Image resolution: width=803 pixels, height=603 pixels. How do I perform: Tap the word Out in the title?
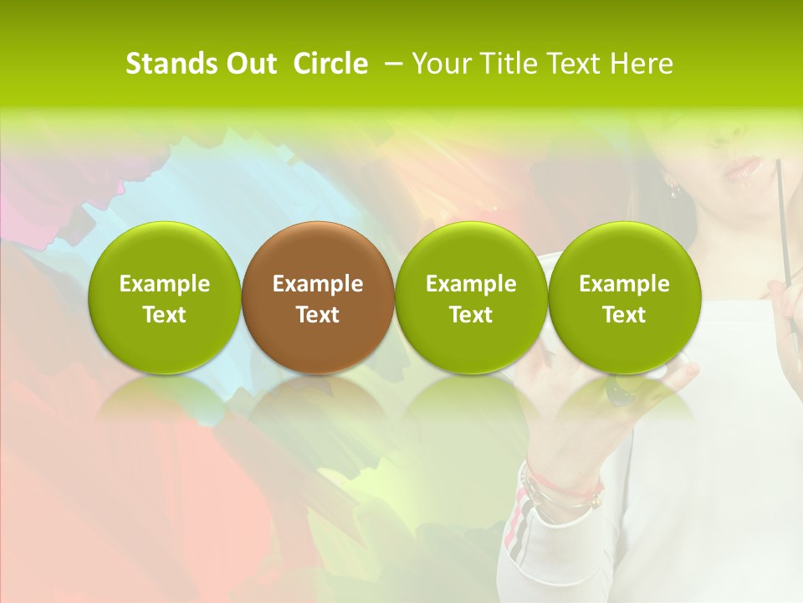(248, 64)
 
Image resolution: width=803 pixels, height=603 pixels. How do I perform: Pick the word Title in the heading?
(509, 64)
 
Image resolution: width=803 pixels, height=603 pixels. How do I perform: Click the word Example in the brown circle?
(318, 284)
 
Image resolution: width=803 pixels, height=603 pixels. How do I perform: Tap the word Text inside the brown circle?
(318, 315)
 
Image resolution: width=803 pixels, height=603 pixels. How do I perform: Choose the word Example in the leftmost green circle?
(165, 284)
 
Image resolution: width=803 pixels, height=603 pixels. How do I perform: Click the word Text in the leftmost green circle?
(165, 315)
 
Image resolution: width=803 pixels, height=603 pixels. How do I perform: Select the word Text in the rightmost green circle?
(624, 315)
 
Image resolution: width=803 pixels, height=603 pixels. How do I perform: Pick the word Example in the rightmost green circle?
(624, 284)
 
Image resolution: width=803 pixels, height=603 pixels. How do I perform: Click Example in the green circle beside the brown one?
(471, 284)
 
